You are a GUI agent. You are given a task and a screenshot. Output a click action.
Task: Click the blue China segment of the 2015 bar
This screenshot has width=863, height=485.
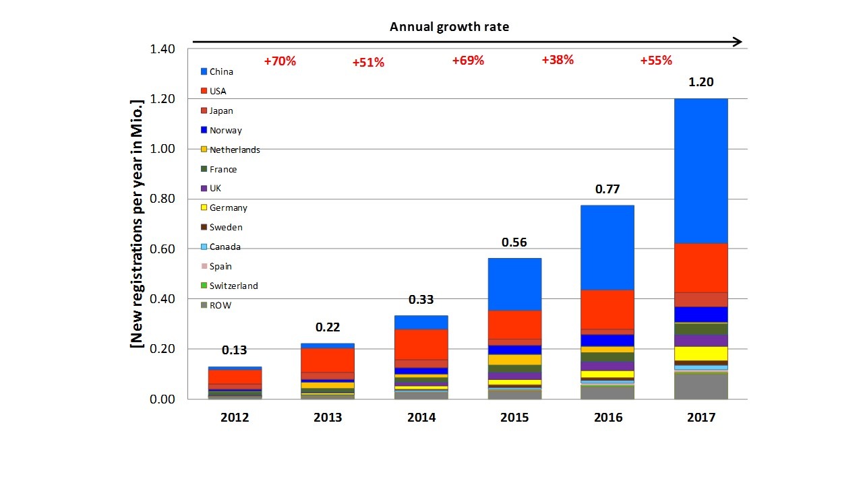(514, 284)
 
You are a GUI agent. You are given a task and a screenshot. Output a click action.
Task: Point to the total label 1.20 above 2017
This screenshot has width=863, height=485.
(701, 83)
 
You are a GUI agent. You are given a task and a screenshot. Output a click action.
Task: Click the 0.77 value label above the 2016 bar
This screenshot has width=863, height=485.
(607, 189)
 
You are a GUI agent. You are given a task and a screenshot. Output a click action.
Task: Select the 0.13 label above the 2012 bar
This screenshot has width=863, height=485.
(234, 350)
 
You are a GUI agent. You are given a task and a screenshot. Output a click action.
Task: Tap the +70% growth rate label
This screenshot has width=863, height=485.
(280, 61)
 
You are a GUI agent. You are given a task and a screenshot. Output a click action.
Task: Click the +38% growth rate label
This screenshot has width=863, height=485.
(558, 60)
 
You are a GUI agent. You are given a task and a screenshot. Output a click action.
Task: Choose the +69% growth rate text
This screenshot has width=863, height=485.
(468, 61)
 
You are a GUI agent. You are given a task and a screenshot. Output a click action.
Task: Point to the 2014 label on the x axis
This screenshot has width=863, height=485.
(421, 418)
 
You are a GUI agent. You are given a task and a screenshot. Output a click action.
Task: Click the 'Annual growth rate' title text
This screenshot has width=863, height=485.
(450, 28)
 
